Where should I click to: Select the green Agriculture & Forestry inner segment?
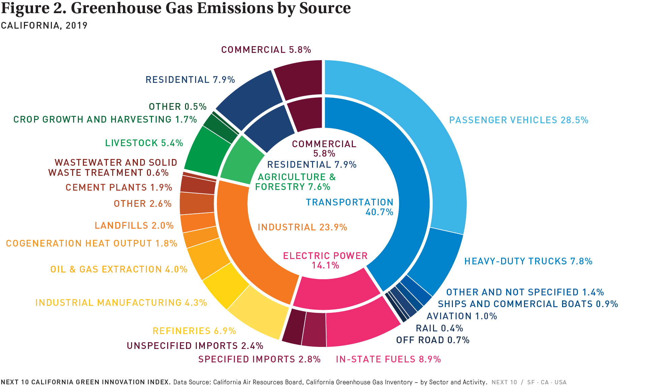pos(241,162)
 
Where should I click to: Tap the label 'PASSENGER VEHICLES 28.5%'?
pos(519,120)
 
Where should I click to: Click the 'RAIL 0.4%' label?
pos(439,328)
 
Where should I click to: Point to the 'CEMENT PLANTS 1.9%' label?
pos(119,187)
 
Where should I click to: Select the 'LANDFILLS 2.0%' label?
pos(134,225)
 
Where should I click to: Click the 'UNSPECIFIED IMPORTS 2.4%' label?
pos(195,346)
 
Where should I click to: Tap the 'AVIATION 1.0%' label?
pos(462,316)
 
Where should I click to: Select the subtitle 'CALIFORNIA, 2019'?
pos(44,26)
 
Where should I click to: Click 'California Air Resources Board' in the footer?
pos(258,382)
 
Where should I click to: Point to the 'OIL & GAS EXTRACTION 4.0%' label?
pos(119,269)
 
